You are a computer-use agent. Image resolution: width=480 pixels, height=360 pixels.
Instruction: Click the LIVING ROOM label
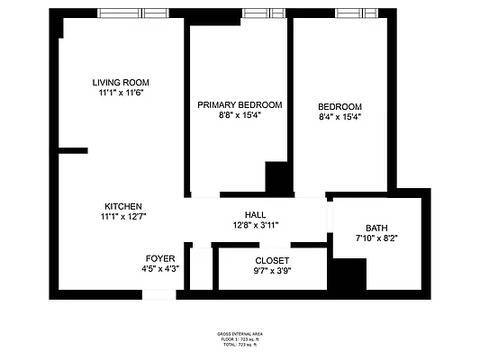coord(120,83)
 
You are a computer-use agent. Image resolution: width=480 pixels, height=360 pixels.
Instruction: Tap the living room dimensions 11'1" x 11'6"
coord(120,93)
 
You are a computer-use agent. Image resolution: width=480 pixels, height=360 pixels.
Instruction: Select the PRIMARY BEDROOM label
coord(240,105)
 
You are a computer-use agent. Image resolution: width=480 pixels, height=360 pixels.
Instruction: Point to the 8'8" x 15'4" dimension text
coord(240,116)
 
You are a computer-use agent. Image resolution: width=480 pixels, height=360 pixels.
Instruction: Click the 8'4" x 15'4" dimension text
coord(340,116)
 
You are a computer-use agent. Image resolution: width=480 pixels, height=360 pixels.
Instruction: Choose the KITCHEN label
coord(122,206)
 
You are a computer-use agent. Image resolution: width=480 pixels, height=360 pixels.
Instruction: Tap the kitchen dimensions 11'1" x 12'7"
coord(122,217)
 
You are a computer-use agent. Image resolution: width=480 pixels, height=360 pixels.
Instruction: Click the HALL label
coord(255,215)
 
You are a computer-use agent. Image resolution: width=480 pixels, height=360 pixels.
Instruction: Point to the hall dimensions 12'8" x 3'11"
coord(255,225)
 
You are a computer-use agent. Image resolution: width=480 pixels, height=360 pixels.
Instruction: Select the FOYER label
coord(160,258)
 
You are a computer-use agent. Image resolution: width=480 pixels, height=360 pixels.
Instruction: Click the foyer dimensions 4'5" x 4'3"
coord(160,268)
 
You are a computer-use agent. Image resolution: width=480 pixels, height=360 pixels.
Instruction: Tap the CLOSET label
coord(272,260)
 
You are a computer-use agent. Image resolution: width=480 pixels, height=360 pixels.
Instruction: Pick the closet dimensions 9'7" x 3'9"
coord(272,270)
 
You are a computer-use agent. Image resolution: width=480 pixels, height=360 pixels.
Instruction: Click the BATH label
coord(376,228)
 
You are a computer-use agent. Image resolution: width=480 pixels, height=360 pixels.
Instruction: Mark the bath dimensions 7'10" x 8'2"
coord(376,238)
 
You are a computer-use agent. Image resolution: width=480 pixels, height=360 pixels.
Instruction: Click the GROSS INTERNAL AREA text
coord(240,334)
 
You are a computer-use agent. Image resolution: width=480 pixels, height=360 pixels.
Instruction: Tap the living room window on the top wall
coord(121,13)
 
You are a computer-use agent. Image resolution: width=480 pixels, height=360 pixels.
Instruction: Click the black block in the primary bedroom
coord(276,177)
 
